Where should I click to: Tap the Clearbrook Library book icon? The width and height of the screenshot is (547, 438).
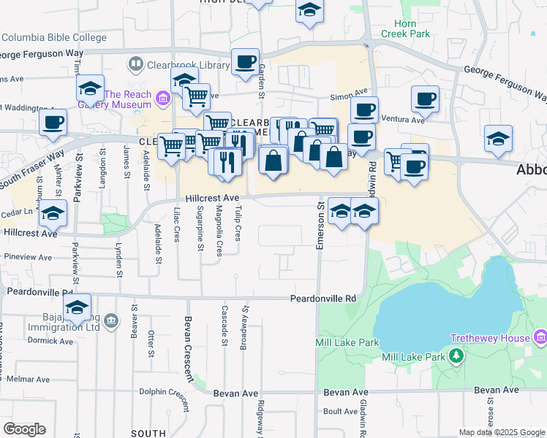pos(135,65)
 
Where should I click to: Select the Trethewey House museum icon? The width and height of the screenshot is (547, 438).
pos(540,338)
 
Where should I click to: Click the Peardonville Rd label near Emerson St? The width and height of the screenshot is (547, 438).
pos(322,299)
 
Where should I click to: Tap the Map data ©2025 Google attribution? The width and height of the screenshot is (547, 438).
pos(501,432)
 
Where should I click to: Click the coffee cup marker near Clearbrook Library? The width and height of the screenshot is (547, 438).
pos(245,61)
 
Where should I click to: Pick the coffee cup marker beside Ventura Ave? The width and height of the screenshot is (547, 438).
pos(424,99)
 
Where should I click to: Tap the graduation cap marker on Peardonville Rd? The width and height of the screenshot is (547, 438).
pos(76,307)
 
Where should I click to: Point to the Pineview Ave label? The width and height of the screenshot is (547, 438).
pos(29,258)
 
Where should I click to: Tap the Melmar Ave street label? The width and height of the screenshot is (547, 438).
pos(25,379)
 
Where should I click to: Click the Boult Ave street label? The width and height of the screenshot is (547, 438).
pos(340,411)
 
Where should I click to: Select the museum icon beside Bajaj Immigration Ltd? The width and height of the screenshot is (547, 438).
pos(110,321)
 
